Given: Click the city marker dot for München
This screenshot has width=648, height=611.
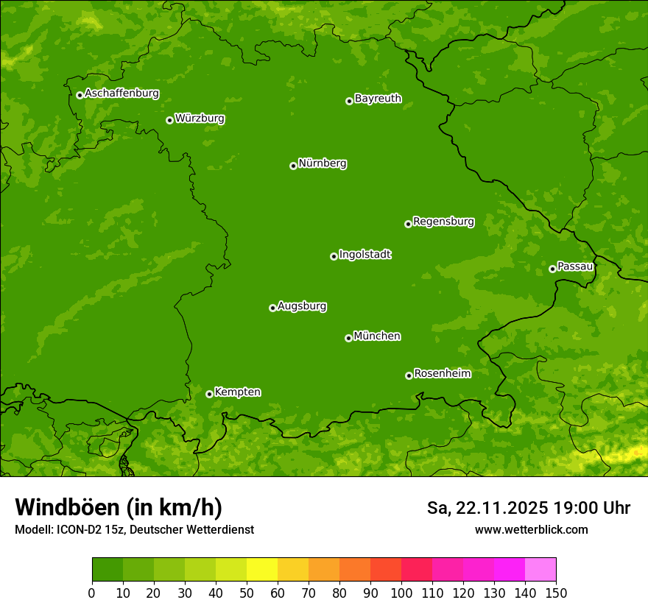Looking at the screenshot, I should coord(348,338).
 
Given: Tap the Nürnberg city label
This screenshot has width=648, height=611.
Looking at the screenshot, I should coord(323,163).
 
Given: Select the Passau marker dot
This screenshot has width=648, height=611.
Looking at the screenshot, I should coord(552,269).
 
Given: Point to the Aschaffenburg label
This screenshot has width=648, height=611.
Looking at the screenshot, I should coord(121,93).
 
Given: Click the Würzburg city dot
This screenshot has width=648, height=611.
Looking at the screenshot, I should coord(169,120).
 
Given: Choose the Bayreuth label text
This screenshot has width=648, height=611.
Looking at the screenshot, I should coord(378,99).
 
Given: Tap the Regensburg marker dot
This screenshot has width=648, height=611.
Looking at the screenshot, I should coord(408,224).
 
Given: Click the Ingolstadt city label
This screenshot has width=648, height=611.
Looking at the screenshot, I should coord(365,255).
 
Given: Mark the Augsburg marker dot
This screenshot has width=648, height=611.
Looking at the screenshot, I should coord(272,308).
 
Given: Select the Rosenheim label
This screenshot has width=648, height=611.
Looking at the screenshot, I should coord(442,374).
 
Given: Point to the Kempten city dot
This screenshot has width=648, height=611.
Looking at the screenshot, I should coord(209,394).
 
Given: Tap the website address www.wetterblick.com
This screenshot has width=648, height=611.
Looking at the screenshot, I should coord(531,529).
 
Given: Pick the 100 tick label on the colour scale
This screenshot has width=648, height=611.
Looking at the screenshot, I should coord(401,593).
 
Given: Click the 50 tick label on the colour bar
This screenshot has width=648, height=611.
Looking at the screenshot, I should coord(246,593).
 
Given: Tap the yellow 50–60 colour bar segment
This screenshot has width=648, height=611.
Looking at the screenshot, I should coord(262,570).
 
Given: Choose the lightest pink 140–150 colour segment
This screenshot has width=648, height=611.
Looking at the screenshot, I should coord(540,570).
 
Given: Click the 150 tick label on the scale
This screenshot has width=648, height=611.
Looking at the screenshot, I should coord(556,593).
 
